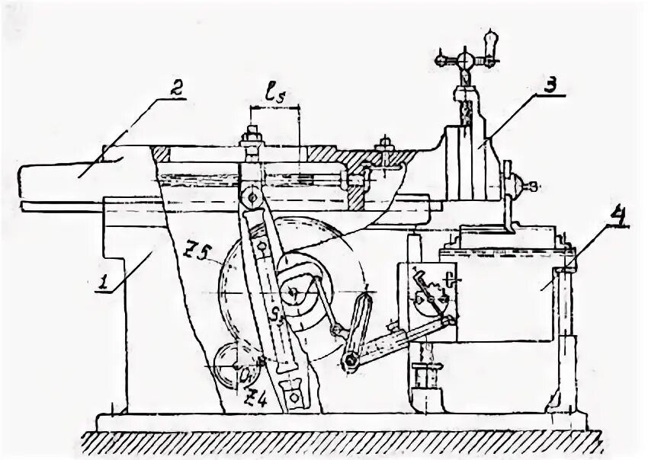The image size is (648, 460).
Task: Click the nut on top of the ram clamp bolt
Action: point(251,139)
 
